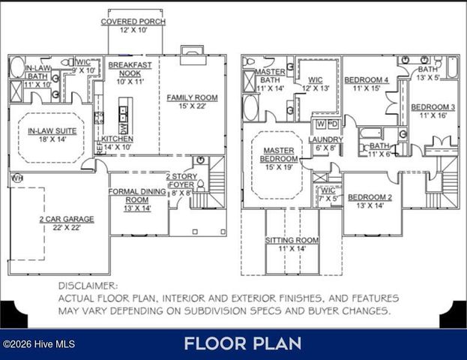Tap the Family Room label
pyautogui.click(x=192, y=97)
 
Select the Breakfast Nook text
pyautogui.click(x=130, y=70)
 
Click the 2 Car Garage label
pyautogui.click(x=66, y=219)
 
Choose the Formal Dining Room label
pyautogui.click(x=136, y=196)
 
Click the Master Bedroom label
pyautogui.click(x=277, y=154)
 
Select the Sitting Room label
pyautogui.click(x=292, y=240)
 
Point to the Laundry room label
pyautogui.click(x=325, y=139)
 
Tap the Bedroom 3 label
pyautogui.click(x=433, y=106)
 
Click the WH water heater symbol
pyautogui.click(x=16, y=178)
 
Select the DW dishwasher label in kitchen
pyautogui.click(x=124, y=128)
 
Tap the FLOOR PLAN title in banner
pyautogui.click(x=242, y=344)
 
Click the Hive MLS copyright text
pyautogui.click(x=38, y=344)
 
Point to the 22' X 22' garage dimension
pyautogui.click(x=66, y=228)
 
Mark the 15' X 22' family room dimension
pyautogui.click(x=192, y=106)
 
